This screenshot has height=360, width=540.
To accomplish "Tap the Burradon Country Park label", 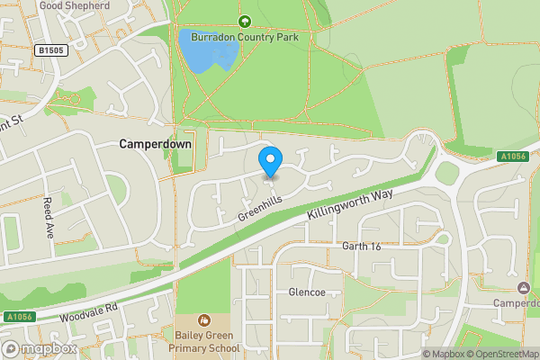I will pyautogui.click(x=244, y=37).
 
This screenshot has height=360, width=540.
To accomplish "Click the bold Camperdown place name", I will pyautogui.click(x=154, y=144).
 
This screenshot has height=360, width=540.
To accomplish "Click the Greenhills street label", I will pyautogui.click(x=260, y=206).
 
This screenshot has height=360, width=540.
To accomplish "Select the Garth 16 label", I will pyautogui.click(x=363, y=246).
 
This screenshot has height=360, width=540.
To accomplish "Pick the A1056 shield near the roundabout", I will pyautogui.click(x=513, y=157).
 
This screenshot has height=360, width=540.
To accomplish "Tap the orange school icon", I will pyautogui.click(x=205, y=319).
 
